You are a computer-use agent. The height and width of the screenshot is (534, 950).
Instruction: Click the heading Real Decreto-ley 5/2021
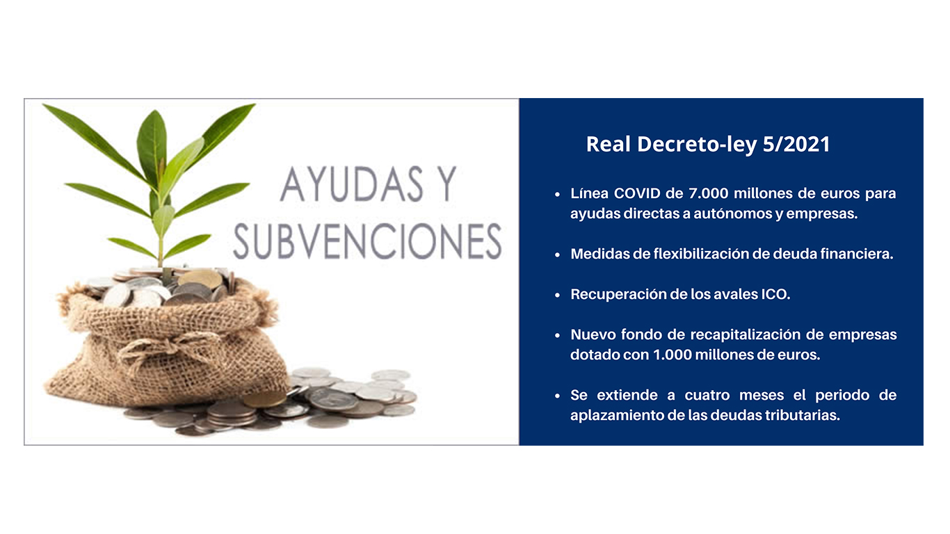pyautogui.click(x=708, y=144)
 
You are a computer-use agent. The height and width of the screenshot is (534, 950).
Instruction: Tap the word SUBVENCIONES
pyautogui.click(x=367, y=241)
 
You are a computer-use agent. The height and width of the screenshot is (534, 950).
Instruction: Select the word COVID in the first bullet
pyautogui.click(x=638, y=193)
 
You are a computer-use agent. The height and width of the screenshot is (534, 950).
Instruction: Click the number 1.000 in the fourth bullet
pyautogui.click(x=672, y=355)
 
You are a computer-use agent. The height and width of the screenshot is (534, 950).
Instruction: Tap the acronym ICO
pyautogui.click(x=778, y=294)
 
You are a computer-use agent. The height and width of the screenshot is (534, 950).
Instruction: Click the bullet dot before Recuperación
pyautogui.click(x=557, y=295)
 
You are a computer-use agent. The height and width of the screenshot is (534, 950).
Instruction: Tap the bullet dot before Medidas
pyautogui.click(x=557, y=254)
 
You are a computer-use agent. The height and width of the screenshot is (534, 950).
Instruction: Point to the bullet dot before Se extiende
pyautogui.click(x=557, y=396)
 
